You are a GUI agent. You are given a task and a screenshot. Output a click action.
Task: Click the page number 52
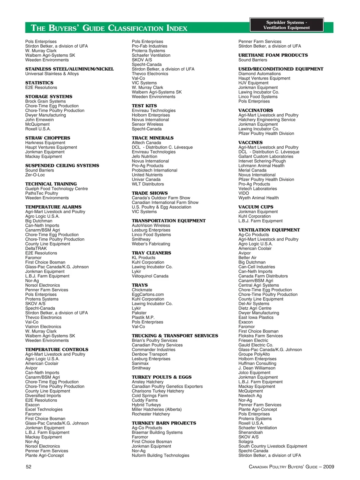tap(28, 467)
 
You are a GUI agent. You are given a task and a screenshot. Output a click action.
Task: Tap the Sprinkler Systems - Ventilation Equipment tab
tap(286, 25)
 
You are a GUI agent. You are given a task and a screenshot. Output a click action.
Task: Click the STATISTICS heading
tap(39, 83)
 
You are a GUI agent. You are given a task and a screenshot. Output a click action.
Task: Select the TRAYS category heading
tap(140, 285)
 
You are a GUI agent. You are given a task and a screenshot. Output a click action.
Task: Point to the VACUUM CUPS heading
tap(256, 207)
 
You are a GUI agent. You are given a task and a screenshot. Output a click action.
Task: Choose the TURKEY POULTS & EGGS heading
tap(162, 377)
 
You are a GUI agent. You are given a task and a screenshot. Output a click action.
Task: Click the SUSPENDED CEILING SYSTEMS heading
tap(62, 166)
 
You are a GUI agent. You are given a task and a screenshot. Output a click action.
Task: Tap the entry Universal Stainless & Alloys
tap(52, 74)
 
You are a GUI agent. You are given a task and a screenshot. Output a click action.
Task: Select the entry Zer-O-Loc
tap(35, 175)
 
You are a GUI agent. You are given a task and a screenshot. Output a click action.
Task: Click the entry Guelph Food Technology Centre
tap(57, 189)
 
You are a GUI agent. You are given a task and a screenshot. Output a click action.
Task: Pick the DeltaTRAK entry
tap(36, 248)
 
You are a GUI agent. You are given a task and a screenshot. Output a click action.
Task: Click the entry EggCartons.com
tap(148, 295)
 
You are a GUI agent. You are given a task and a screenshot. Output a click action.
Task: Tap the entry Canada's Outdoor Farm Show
tap(161, 198)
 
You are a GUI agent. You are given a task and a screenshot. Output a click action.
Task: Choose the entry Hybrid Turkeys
tap(146, 405)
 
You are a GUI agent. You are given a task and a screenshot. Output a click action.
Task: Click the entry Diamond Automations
tap(259, 74)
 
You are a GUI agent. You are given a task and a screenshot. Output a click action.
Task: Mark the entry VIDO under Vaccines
tap(244, 193)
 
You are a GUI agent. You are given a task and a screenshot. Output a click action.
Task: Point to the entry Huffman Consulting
tap(257, 363)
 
